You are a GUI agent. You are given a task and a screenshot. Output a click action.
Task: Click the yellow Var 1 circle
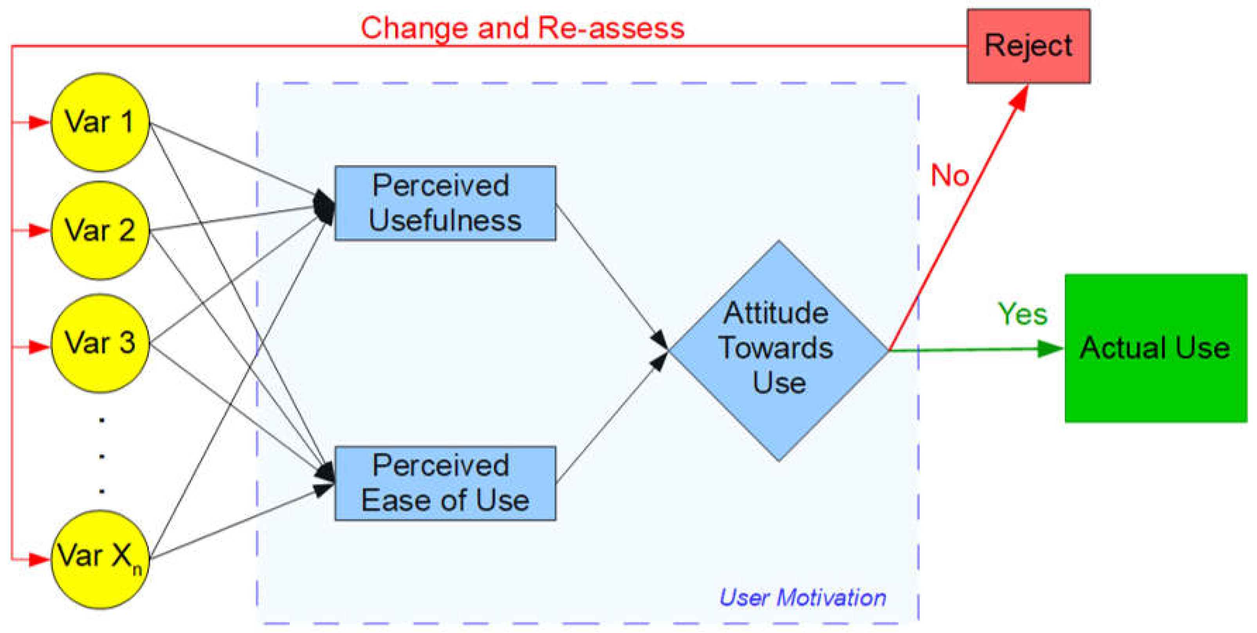100,122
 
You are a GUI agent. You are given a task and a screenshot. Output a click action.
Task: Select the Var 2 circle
100,230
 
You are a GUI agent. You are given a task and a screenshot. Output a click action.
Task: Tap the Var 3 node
100,343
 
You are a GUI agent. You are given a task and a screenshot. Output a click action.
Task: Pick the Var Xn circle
100,559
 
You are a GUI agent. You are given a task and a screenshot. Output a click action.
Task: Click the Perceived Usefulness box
445,203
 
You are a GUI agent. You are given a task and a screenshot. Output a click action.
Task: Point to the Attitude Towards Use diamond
778,350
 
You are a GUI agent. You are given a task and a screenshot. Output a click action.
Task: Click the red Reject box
1028,46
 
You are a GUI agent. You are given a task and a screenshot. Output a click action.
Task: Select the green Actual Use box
1154,348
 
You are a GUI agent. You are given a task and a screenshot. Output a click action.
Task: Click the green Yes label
1022,314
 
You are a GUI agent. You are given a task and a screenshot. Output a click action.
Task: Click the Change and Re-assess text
522,28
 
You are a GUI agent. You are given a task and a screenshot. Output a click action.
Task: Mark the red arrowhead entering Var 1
39,122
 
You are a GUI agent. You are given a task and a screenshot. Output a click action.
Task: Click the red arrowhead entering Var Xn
39,559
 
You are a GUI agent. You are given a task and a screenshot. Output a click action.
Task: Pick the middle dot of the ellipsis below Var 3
101,456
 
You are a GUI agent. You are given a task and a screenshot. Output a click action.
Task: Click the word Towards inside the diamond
776,348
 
